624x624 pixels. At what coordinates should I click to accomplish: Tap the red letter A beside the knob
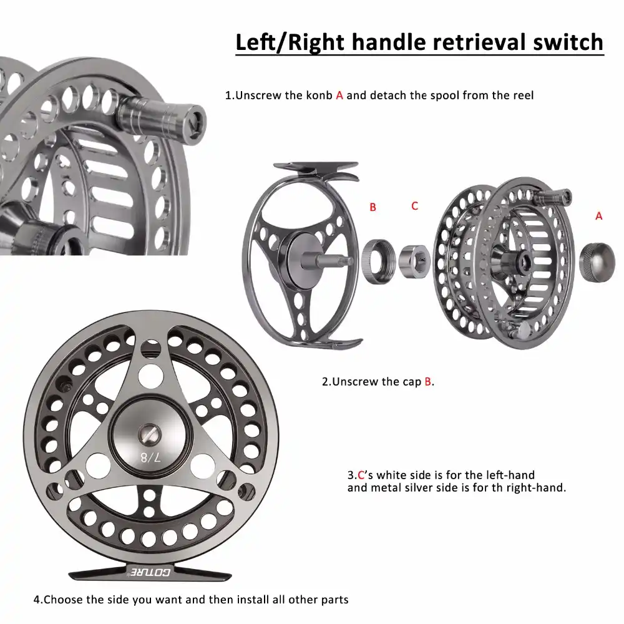click(x=599, y=216)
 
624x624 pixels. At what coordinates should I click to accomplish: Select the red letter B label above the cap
click(x=373, y=207)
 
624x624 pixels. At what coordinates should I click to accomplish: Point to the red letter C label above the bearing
click(x=414, y=205)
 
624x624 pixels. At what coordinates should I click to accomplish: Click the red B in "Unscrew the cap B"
click(x=428, y=381)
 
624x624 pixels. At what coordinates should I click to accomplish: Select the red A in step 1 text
click(x=339, y=95)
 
